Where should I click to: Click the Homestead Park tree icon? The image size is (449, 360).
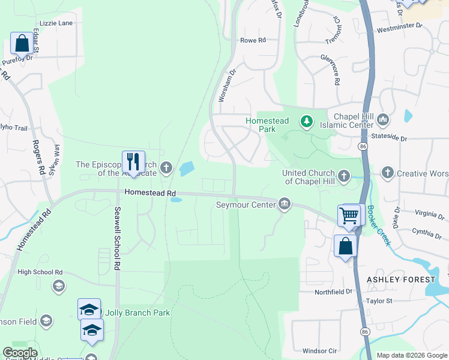coord(307,122)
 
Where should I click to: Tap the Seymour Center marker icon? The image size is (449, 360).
coord(285,205)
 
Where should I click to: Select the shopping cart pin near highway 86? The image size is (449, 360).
coord(349,215)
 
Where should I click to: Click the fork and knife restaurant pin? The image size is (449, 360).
coord(133,161)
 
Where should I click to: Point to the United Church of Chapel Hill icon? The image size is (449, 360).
coord(344,176)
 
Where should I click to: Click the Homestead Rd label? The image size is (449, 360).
coord(150,193)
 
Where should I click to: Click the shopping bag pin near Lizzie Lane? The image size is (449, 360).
coord(22,43)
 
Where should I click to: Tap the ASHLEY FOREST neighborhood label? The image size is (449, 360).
coord(401,280)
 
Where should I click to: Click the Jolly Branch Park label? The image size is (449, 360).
coord(137,313)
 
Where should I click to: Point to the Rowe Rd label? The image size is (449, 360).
coord(253,40)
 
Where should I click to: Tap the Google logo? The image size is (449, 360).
coord(20,353)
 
